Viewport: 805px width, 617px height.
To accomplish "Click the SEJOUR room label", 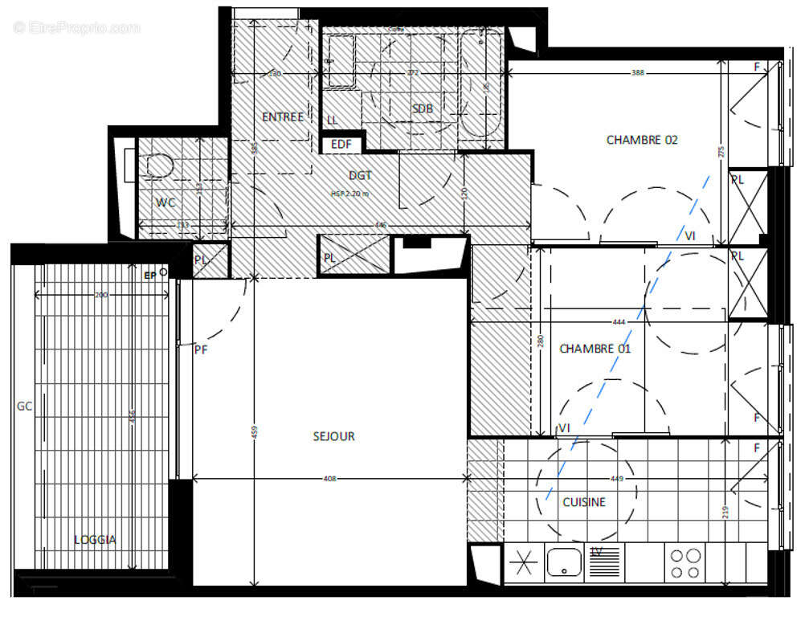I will (333, 436).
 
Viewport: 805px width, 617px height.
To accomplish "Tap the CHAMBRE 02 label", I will (641, 140).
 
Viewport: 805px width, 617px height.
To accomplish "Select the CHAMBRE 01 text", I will (595, 349).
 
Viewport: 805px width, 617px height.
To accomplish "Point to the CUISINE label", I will (583, 502).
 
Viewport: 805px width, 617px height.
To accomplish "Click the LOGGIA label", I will (94, 540).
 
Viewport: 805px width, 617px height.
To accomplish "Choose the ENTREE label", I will (283, 117).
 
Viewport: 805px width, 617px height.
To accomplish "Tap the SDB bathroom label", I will (423, 108).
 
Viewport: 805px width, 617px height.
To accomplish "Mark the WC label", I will (165, 202).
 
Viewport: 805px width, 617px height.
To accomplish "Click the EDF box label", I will (342, 145).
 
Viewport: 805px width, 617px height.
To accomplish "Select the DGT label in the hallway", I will (360, 175).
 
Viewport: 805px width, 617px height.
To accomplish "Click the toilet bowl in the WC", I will (161, 165).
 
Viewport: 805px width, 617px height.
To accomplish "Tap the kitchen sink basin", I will (564, 562).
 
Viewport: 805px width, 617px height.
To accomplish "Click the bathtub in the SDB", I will (482, 84).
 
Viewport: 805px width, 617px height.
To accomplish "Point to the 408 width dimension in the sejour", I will (329, 479).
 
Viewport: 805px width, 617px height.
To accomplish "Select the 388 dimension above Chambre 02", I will (637, 73).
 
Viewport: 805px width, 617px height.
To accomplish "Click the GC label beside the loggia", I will (24, 407).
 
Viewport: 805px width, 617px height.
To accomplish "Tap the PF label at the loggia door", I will (201, 349).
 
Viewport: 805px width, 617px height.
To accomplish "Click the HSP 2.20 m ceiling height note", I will (349, 194).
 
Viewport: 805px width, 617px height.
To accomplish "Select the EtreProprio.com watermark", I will (76, 28).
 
